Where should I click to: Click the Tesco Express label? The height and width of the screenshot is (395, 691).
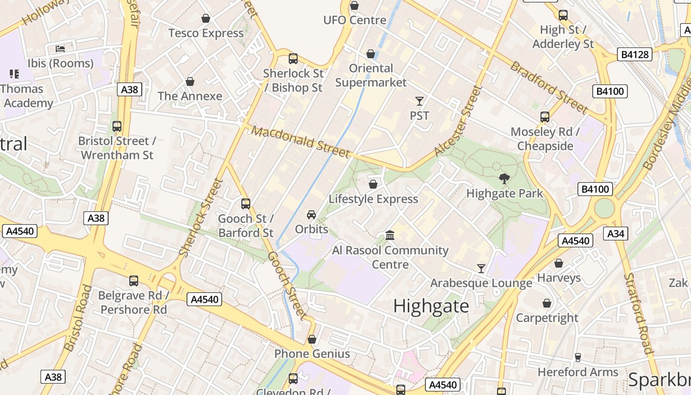click(x=206, y=33)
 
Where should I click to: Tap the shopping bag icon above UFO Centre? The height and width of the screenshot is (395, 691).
click(x=354, y=5)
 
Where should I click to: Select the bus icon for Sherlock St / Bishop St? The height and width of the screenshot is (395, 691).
click(x=293, y=59)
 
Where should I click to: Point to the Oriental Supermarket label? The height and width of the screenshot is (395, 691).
click(x=371, y=75)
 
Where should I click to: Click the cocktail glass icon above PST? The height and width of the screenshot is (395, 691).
click(x=420, y=101)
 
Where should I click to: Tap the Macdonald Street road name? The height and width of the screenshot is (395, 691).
click(x=301, y=141)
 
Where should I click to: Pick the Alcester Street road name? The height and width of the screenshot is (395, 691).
click(x=458, y=121)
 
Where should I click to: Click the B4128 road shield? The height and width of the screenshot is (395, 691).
click(x=634, y=54)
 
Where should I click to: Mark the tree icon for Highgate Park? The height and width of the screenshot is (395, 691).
click(x=504, y=179)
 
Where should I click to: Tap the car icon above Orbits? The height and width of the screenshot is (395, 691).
click(x=311, y=215)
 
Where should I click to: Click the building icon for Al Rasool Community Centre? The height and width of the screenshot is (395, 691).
click(x=390, y=236)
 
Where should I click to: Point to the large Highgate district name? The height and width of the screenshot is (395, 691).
click(x=431, y=306)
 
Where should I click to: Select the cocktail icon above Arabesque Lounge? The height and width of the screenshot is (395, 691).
click(x=481, y=269)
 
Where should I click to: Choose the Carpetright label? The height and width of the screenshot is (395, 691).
click(x=546, y=317)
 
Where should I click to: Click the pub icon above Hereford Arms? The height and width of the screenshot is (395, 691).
click(x=577, y=357)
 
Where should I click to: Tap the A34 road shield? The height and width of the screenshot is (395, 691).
click(x=615, y=234)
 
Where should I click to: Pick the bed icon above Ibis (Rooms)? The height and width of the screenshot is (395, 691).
click(x=60, y=48)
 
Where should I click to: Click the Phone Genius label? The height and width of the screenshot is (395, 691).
click(x=312, y=354)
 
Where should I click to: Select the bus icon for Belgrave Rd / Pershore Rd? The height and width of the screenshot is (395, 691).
click(x=134, y=281)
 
